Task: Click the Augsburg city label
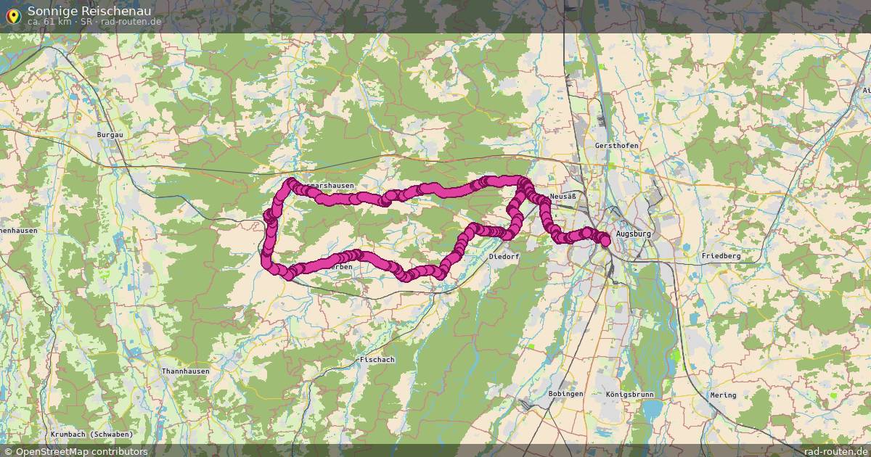point(633,234)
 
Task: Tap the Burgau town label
point(110,135)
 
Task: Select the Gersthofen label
point(616,146)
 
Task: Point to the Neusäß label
point(563,197)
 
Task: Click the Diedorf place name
point(504,257)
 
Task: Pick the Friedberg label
point(721,256)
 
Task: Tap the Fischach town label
point(377,360)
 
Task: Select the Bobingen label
point(566,394)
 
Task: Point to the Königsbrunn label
point(629,395)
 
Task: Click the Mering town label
point(723,395)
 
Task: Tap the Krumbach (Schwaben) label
point(91,435)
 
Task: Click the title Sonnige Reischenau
point(89,10)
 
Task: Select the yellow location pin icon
point(12,15)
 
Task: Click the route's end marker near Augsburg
point(605,240)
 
